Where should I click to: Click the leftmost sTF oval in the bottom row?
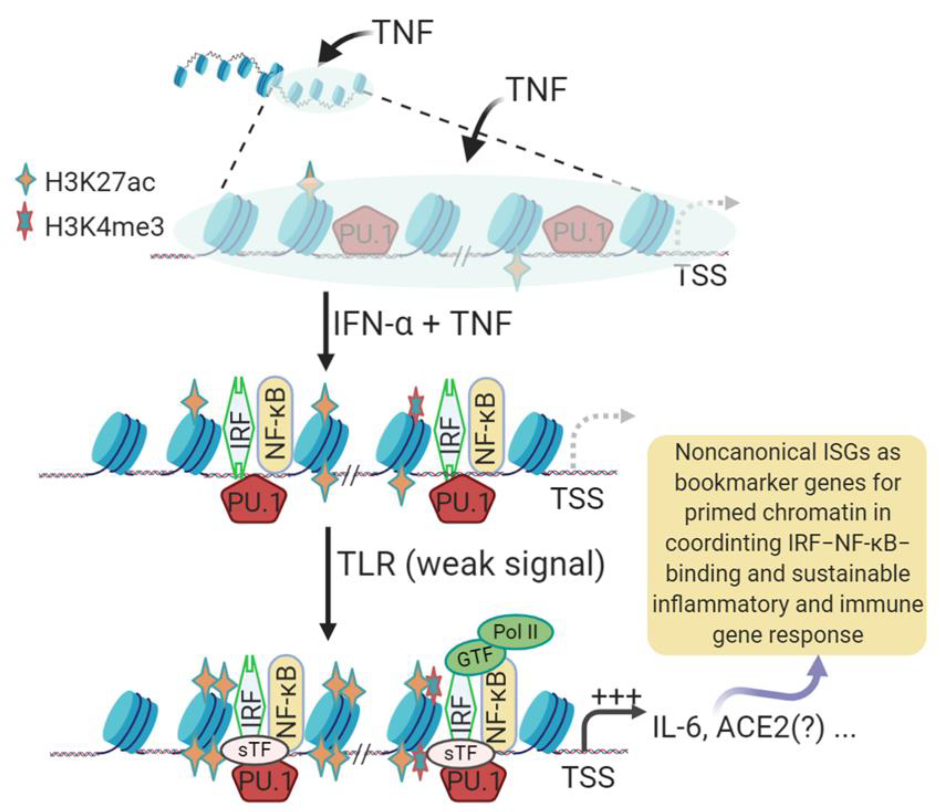[x=255, y=750]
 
